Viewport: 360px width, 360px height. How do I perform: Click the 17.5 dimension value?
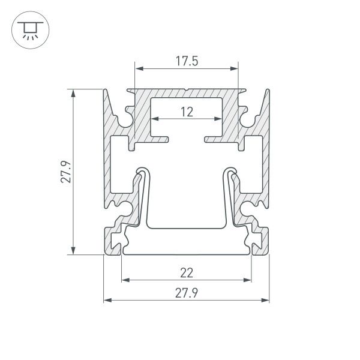coord(187,62)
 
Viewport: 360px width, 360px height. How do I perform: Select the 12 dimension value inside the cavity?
coord(187,111)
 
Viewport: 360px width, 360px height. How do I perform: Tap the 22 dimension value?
coord(187,272)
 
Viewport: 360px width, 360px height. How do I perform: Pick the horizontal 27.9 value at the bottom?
coord(187,293)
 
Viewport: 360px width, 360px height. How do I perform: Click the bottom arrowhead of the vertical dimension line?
coord(74,252)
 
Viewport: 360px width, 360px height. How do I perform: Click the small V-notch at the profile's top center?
coord(187,92)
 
